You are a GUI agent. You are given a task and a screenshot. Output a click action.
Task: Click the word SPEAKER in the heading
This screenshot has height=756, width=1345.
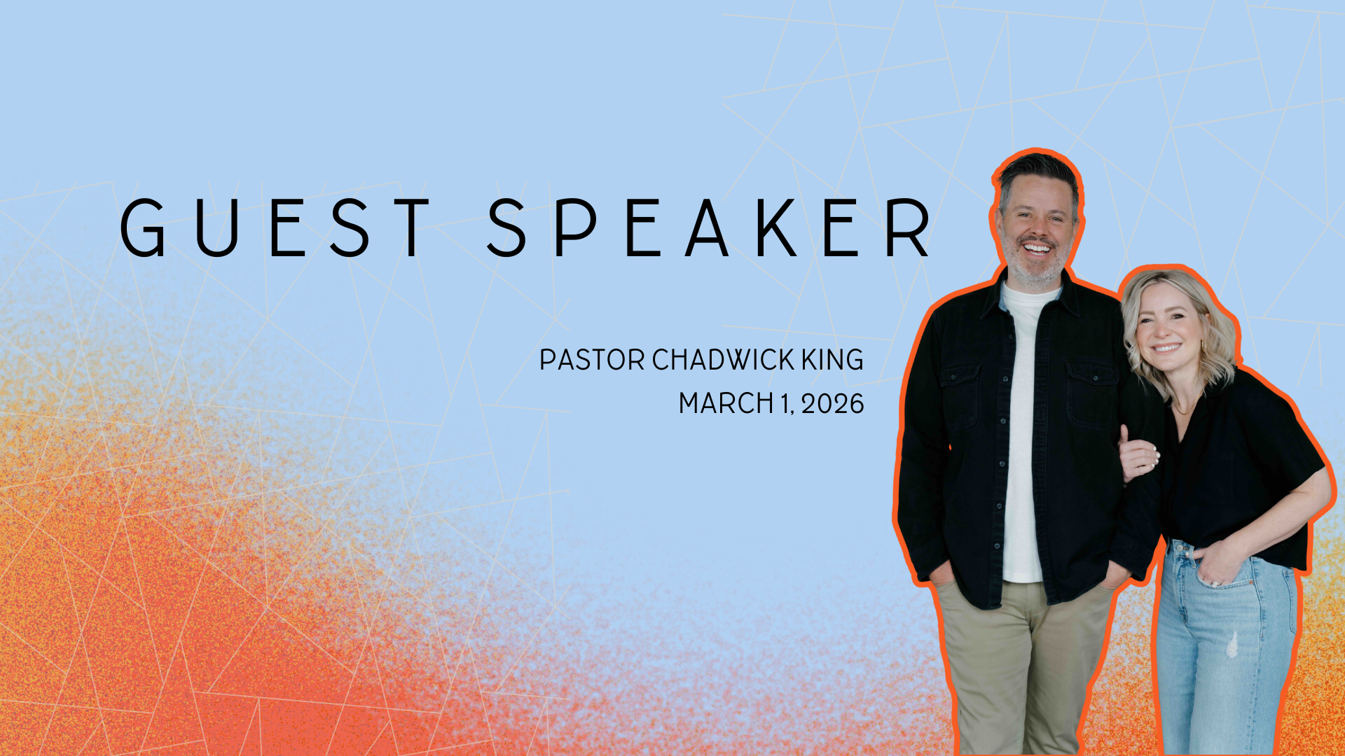(709, 227)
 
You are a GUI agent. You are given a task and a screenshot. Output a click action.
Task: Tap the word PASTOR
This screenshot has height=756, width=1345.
(592, 360)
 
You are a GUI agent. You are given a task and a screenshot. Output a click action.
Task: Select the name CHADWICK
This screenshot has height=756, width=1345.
(724, 360)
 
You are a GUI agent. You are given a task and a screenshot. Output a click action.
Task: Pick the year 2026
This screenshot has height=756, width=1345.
(833, 404)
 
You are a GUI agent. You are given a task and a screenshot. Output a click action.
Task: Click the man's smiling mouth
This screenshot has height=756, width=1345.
(1037, 248)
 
